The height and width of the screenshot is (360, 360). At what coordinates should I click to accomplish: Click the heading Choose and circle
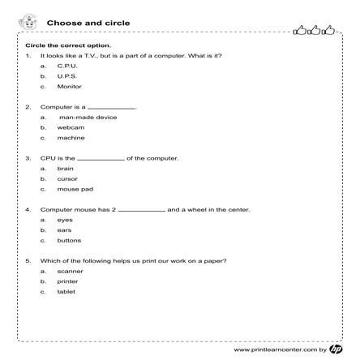[100, 24]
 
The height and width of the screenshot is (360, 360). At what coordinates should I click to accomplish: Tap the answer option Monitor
[69, 86]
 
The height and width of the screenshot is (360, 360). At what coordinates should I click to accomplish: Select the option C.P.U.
[67, 66]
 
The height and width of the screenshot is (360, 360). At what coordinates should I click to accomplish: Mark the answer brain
[66, 169]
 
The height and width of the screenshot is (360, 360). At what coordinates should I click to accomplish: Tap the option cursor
[66, 179]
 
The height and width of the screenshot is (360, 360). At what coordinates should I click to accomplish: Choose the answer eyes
[65, 220]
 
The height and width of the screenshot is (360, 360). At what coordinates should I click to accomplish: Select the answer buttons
[69, 241]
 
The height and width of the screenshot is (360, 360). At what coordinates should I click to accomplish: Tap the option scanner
[70, 271]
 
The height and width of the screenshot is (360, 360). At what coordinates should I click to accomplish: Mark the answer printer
[67, 281]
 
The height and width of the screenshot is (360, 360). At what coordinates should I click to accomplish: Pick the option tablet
[66, 291]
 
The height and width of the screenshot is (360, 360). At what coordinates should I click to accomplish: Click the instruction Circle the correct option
[68, 45]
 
